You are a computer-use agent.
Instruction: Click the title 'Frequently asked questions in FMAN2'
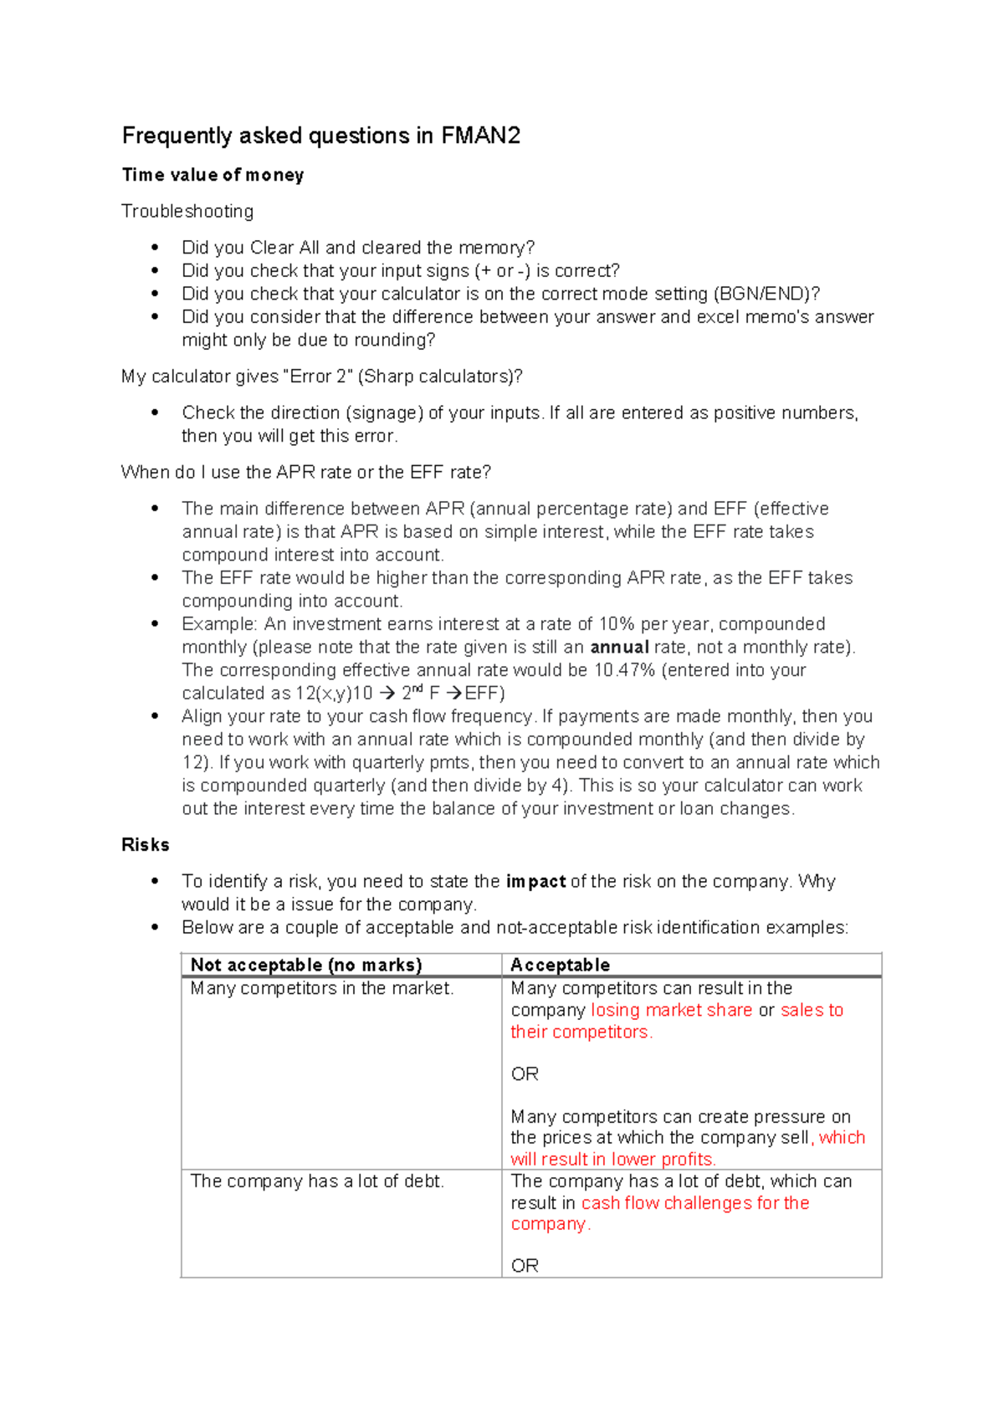tap(321, 136)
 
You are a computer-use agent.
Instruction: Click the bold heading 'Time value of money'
tap(213, 175)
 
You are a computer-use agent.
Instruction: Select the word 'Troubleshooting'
tap(187, 211)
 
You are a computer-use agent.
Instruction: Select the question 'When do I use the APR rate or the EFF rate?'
tap(306, 472)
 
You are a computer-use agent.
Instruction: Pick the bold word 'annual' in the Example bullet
tap(619, 647)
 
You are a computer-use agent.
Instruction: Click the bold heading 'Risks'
tap(146, 844)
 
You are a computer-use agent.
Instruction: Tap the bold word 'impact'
tap(535, 881)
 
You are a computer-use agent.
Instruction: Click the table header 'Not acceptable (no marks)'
tap(306, 965)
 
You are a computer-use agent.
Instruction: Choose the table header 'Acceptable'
tap(560, 965)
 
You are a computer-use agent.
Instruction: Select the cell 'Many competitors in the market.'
tap(322, 988)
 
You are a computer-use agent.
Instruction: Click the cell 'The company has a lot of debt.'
tap(317, 1181)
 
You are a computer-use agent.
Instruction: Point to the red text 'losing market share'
tap(671, 1010)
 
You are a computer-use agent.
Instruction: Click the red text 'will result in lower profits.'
tap(613, 1159)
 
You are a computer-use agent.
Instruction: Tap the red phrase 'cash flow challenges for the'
tap(694, 1202)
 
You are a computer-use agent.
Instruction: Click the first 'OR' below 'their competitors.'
tap(525, 1073)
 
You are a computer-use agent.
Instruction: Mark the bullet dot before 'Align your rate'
tap(155, 716)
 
